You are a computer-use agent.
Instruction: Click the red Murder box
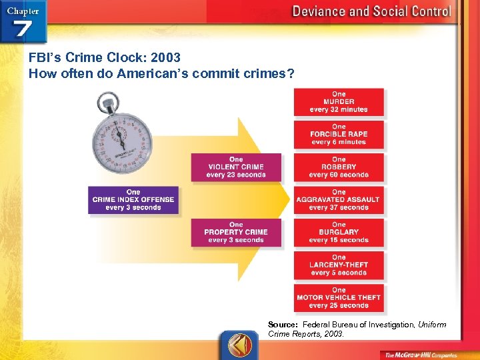click(x=339, y=102)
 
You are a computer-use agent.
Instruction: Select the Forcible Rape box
click(x=339, y=134)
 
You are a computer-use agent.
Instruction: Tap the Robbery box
click(x=339, y=167)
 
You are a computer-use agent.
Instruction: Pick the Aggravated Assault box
click(x=339, y=199)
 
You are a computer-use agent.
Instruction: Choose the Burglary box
click(x=339, y=232)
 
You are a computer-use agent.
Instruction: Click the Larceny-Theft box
click(x=339, y=265)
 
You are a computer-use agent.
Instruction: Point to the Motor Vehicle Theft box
click(x=339, y=297)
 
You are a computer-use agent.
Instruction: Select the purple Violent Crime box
click(x=236, y=167)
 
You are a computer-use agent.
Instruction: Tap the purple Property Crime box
click(x=236, y=232)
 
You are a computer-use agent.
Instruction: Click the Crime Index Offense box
click(x=133, y=200)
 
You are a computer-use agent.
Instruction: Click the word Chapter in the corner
click(x=22, y=11)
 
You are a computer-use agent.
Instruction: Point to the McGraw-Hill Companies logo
click(x=420, y=354)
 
